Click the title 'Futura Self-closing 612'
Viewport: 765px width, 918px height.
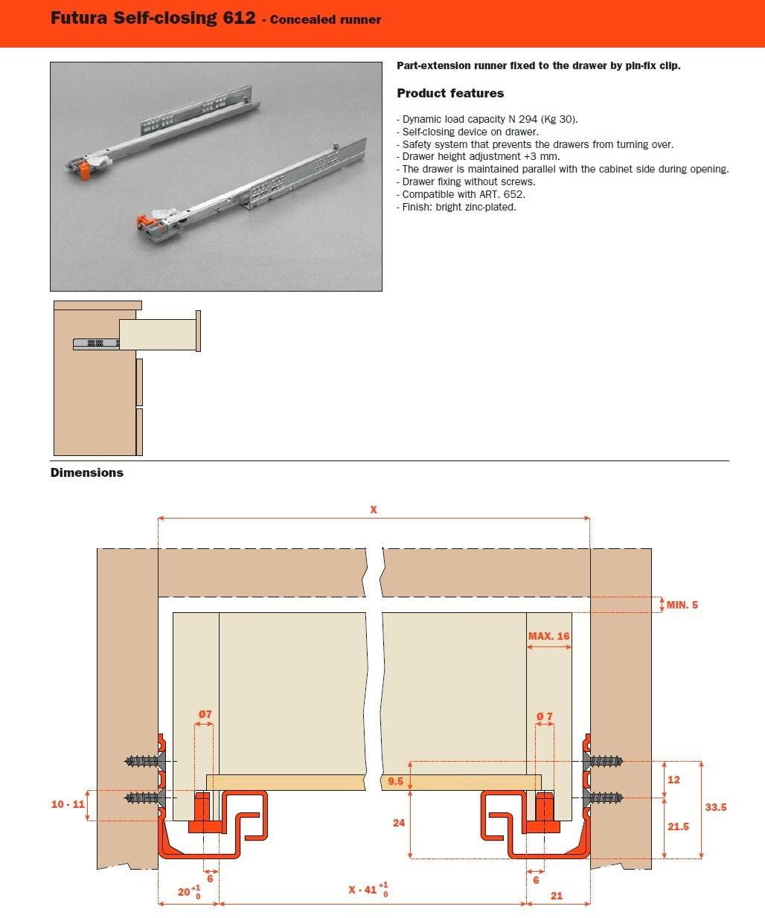153,18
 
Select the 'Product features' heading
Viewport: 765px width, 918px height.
450,93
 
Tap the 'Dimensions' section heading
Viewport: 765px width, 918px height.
87,472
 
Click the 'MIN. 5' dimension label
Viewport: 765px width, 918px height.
682,605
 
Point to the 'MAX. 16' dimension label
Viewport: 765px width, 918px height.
548,636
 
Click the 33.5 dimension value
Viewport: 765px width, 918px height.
715,807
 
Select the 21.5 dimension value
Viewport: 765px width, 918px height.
678,826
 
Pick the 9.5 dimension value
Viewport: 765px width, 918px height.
395,782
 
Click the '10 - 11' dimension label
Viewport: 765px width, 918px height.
67,804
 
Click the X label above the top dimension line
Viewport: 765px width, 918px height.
374,510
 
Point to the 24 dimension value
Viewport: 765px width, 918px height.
399,823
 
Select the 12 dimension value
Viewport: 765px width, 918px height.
673,780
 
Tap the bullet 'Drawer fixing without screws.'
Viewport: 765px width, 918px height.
466,182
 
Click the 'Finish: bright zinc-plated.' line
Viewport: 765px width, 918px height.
456,207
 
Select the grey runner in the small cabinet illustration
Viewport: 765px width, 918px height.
95,343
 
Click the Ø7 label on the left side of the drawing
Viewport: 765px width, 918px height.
205,714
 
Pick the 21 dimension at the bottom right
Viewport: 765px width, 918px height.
557,896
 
